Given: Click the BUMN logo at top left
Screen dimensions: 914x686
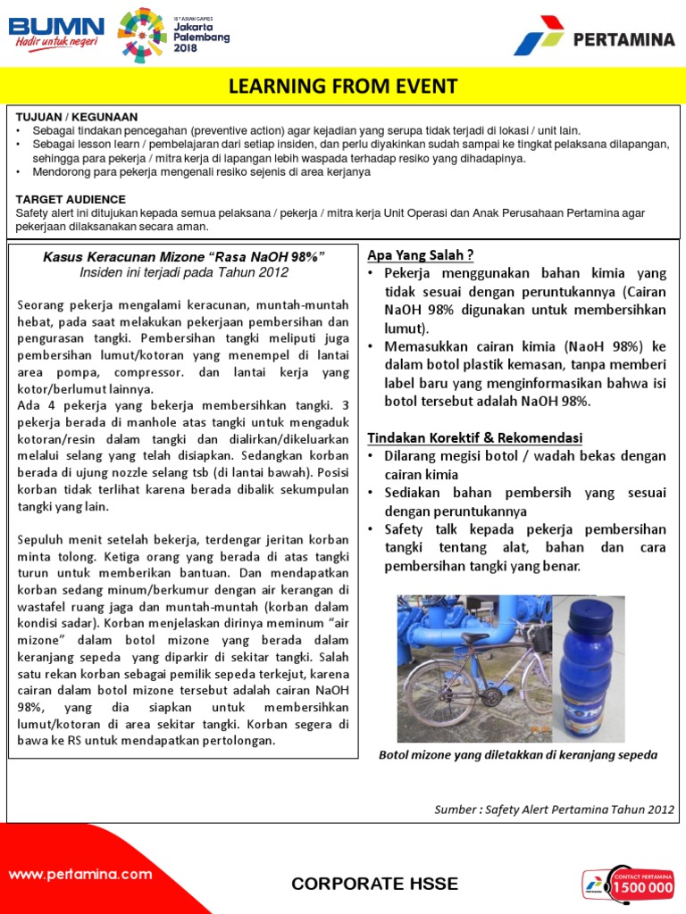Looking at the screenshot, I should (55, 33).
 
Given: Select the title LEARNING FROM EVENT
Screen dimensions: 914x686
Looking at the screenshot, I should (343, 87).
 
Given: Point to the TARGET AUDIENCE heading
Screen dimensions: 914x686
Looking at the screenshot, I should (71, 199).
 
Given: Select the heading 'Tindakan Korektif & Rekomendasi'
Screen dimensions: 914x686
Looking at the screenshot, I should (475, 437).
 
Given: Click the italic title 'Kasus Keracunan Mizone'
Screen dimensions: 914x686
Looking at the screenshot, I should (183, 257).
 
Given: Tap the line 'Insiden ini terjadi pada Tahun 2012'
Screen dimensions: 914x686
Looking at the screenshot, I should (183, 272).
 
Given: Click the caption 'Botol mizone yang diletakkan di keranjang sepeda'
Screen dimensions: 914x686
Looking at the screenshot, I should (518, 755).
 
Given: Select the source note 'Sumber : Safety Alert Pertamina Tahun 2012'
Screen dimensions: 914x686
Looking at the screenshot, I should (554, 810).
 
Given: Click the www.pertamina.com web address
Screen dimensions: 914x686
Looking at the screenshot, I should (80, 875).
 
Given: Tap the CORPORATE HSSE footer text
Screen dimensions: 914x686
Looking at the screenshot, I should (374, 884).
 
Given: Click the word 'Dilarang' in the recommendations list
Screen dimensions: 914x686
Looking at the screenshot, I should (414, 456).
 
